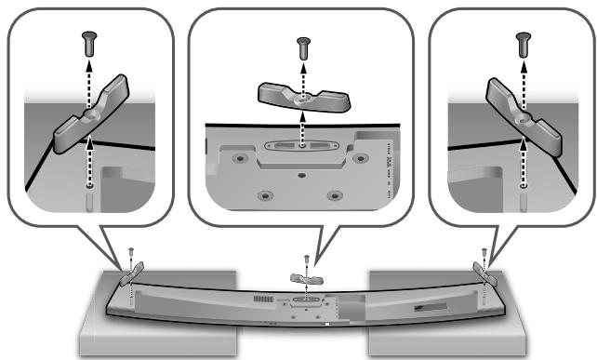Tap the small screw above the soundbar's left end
point(132,251)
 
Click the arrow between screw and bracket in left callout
point(88,75)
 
